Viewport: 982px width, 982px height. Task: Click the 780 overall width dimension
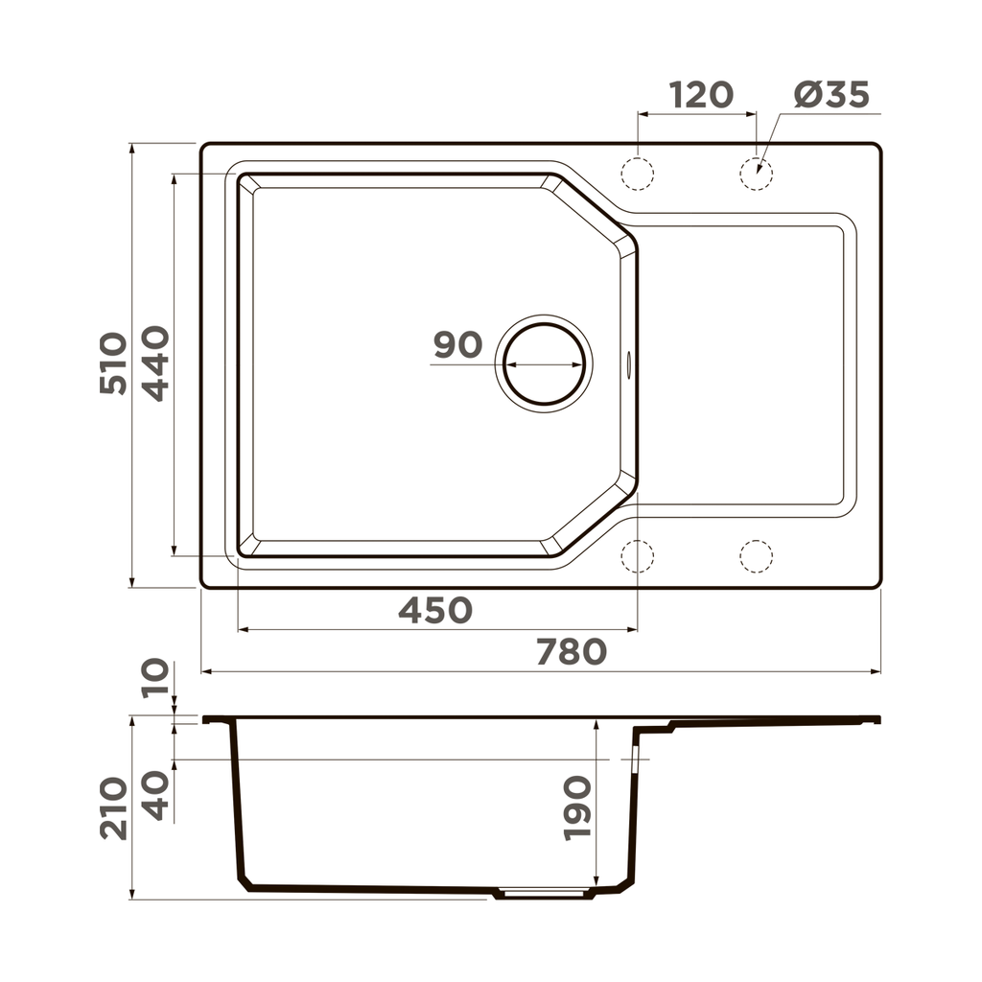click(x=571, y=652)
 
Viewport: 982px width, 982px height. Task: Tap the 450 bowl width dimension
click(x=435, y=610)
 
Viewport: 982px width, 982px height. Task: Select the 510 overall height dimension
click(x=113, y=363)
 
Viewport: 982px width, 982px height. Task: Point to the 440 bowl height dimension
click(x=155, y=363)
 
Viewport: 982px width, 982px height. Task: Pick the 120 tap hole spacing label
click(x=700, y=95)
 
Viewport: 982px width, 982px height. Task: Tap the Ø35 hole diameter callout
click(x=831, y=95)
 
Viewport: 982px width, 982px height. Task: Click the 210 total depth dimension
click(x=113, y=808)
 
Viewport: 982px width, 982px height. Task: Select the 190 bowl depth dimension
click(x=577, y=808)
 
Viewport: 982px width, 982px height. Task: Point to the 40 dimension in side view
click(x=155, y=795)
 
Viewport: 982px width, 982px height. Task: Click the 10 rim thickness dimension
click(x=155, y=678)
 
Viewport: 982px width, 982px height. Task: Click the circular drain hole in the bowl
click(x=544, y=363)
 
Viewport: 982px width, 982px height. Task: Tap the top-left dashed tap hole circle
click(x=637, y=173)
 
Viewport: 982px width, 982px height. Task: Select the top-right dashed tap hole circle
click(x=756, y=173)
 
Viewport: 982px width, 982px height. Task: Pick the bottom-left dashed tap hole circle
click(x=637, y=556)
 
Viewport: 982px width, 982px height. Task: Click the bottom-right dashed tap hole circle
click(x=756, y=556)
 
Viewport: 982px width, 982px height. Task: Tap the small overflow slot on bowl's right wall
click(x=629, y=363)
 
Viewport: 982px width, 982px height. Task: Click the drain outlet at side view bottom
click(x=544, y=894)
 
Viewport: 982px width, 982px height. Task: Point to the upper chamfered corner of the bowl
click(x=590, y=209)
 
